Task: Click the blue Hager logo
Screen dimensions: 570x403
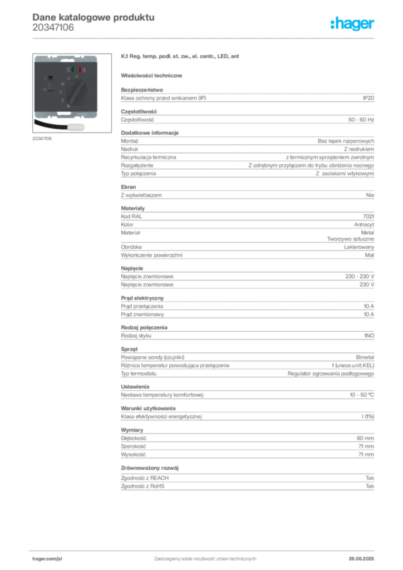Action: tap(353, 24)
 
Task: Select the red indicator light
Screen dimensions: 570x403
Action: tap(80, 70)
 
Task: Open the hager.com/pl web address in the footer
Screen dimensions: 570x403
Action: tap(47, 557)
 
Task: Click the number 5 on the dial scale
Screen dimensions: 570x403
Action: tap(68, 78)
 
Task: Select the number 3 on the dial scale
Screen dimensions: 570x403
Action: tap(62, 91)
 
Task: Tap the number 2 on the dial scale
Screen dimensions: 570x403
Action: tap(63, 98)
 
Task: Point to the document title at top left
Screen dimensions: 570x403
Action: tap(92, 17)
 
